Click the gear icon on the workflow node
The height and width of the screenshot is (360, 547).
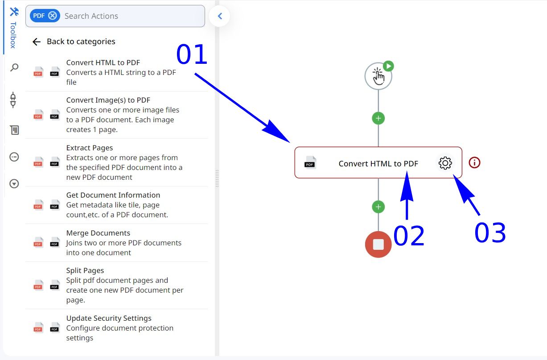[445, 163]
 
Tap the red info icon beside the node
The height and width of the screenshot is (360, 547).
[474, 162]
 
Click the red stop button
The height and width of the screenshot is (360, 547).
[378, 244]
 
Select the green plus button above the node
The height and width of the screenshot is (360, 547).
[378, 118]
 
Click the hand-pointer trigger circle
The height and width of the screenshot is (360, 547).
[378, 76]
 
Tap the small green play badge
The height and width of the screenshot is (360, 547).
[388, 66]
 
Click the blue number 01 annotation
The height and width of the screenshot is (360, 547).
[192, 54]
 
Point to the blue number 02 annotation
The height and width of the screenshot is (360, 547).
[409, 236]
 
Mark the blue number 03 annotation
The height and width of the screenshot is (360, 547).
[490, 233]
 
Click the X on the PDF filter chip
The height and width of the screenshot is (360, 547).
[53, 16]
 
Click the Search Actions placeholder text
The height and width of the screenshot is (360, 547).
[91, 16]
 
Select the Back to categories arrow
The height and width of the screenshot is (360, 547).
[37, 42]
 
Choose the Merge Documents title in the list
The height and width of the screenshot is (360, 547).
[98, 233]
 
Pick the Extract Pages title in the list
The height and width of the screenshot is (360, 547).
[89, 148]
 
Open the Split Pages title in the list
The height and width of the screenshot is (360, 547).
[85, 270]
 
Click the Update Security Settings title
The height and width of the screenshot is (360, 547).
[109, 318]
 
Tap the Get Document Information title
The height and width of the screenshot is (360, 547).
[113, 195]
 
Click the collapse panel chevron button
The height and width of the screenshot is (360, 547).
[219, 16]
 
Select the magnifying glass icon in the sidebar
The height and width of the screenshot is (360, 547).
[14, 67]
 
